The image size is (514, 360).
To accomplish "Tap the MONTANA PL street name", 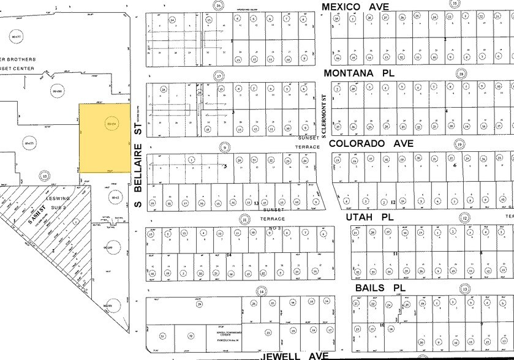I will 358,73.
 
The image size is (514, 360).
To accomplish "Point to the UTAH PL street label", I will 365,217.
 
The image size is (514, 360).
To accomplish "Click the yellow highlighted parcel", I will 105,137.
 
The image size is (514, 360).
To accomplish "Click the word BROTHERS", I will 22,59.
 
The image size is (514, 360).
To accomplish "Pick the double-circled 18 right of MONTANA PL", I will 461,73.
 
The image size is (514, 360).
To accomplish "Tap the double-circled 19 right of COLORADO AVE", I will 459,144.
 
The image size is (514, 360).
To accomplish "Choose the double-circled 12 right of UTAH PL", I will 465,218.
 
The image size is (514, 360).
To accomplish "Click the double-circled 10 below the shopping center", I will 43,175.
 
